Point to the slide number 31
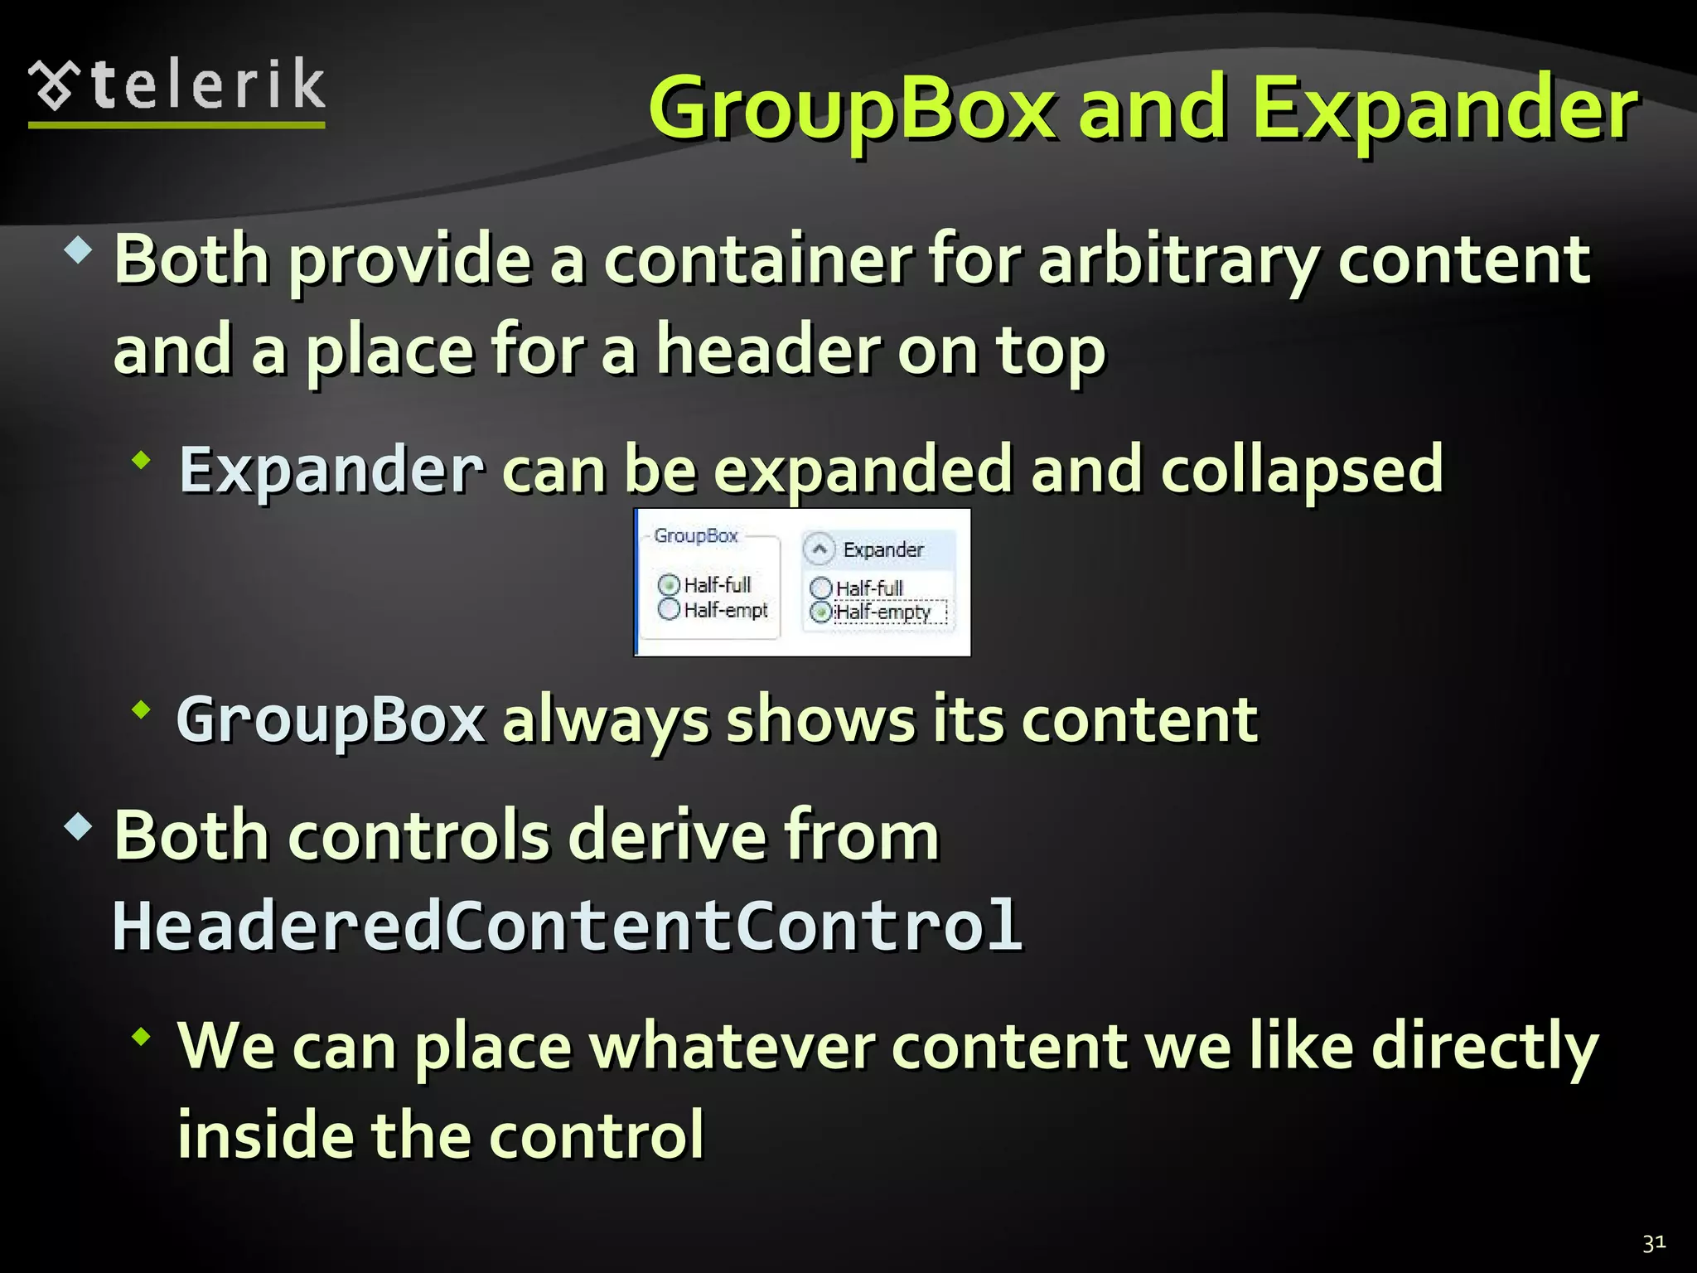[1654, 1243]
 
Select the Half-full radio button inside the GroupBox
[669, 585]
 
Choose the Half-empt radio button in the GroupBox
[669, 610]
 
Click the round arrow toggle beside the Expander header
[819, 549]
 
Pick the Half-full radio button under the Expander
[820, 588]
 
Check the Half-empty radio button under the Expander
[820, 612]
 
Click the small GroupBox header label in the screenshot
[695, 536]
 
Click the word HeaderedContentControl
[568, 927]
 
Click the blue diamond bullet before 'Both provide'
[78, 249]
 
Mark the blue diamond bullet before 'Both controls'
[78, 826]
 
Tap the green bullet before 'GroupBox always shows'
[142, 709]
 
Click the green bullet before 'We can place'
[142, 1036]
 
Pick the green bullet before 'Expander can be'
[142, 459]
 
